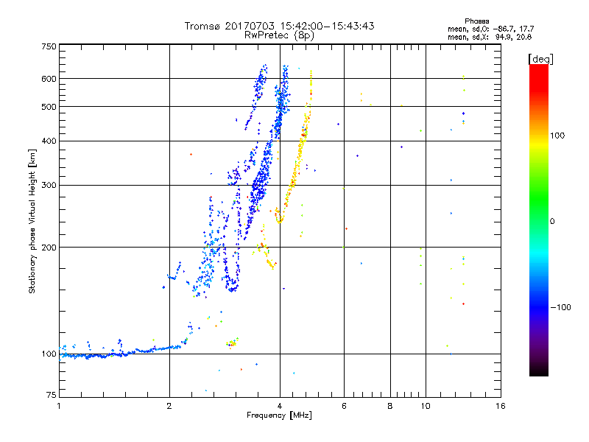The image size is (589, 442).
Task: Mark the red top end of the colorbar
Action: pos(538,68)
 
